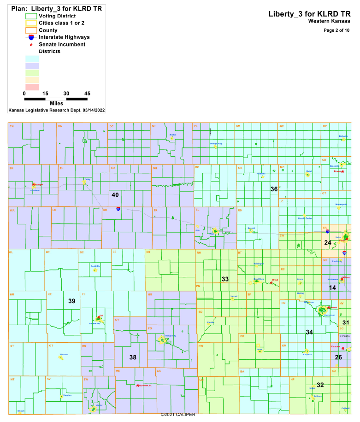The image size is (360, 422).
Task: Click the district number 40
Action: pos(115,195)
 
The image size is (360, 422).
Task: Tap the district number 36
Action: pos(274,189)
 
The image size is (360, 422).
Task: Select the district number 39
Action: pos(72,301)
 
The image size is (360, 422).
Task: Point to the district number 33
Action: pos(225,279)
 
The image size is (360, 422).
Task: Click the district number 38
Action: pos(133,358)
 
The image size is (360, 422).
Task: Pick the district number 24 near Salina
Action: pos(328,242)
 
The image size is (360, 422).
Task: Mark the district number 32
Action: pos(320,385)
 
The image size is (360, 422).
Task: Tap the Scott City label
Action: pos(95,266)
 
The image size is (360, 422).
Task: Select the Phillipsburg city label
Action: pos(216,144)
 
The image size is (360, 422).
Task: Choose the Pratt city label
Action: pos(260,350)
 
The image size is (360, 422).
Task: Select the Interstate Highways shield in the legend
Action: pos(31,37)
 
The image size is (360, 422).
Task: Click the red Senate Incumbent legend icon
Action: pos(31,45)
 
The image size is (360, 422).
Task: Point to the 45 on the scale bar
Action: pos(87,94)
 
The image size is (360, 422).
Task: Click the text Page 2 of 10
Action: pos(336,30)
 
